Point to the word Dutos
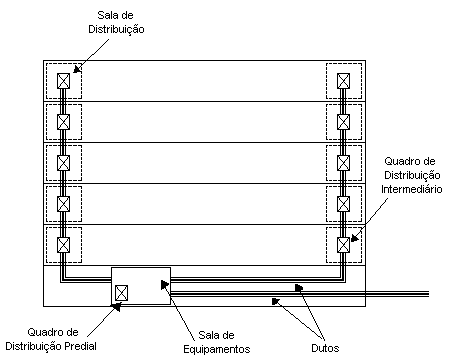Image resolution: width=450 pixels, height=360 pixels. click(325, 347)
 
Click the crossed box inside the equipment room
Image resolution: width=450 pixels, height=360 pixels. click(121, 293)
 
